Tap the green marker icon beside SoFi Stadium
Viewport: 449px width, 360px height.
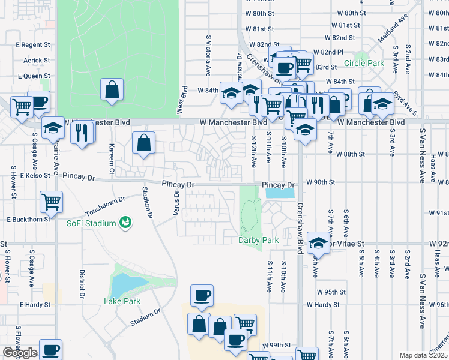pos(125,223)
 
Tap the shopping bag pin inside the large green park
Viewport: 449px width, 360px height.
pos(112,91)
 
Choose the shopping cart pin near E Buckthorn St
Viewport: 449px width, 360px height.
pos(52,202)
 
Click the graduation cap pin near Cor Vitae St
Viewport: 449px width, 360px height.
pos(318,244)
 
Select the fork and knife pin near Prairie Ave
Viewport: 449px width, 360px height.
pos(82,132)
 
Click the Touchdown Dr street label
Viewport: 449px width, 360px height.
pos(104,206)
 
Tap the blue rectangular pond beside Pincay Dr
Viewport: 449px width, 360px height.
pos(279,194)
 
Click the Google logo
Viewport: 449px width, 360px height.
pos(20,353)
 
